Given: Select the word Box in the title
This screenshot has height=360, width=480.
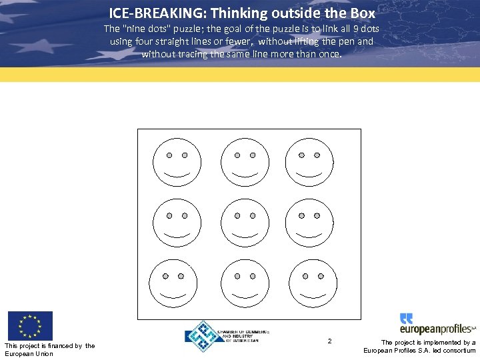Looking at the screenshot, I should (361, 13).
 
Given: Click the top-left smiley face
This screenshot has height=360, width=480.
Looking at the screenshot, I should (177, 162).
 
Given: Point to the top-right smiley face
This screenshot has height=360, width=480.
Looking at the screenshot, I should (309, 162).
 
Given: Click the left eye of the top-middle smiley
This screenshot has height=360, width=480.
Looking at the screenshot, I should (237, 155).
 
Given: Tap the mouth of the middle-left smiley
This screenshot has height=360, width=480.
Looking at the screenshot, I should (177, 236).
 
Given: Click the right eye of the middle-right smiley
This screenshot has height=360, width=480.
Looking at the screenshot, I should (317, 215).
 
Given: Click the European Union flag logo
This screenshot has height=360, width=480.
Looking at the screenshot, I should (29, 326).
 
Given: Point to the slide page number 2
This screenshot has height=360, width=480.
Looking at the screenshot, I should (329, 341).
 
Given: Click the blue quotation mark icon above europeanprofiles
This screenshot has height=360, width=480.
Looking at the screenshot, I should (407, 318).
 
